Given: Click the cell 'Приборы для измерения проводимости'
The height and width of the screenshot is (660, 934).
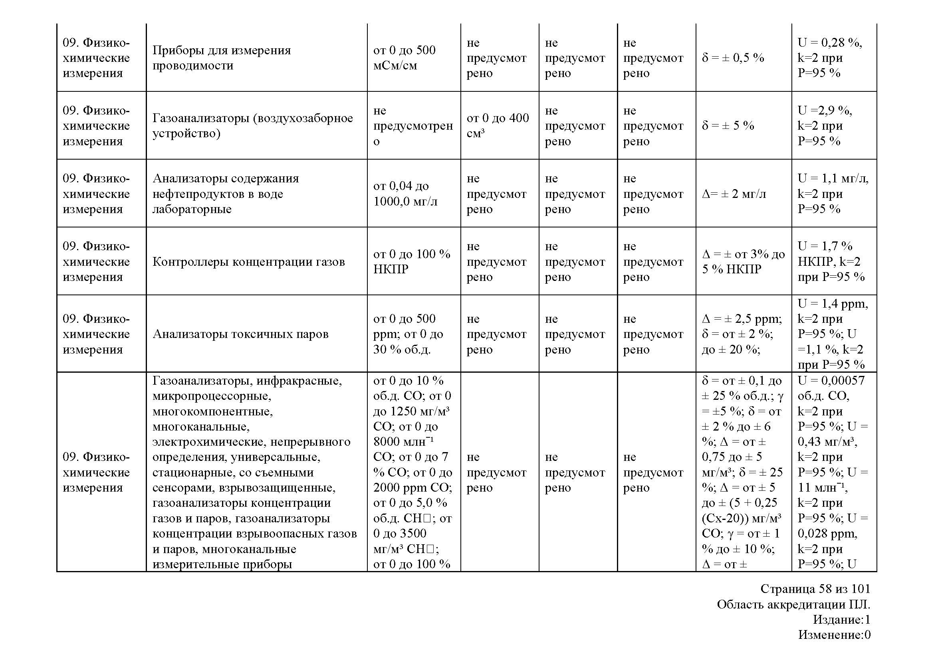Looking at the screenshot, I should point(222,58).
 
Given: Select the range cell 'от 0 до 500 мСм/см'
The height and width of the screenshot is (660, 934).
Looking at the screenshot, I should point(404,58).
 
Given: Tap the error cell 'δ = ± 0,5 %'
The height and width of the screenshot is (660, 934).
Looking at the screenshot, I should point(733,58).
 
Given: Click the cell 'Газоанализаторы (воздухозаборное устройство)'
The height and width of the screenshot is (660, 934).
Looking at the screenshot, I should point(252,126).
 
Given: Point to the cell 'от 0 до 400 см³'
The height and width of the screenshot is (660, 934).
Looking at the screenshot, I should point(498,126).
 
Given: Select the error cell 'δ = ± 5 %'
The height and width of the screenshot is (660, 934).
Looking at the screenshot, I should point(728,126).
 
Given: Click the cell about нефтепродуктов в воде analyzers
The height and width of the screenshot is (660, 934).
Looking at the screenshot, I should point(225,194).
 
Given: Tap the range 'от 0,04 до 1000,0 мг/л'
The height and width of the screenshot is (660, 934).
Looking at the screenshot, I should point(405,194).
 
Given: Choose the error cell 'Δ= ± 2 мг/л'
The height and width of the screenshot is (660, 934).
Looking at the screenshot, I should point(734,194).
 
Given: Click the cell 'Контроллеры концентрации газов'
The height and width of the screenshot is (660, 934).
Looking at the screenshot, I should point(248,262).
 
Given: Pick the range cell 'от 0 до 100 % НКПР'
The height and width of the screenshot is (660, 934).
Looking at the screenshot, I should point(411,261).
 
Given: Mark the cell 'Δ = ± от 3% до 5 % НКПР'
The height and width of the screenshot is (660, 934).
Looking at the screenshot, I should point(743,261).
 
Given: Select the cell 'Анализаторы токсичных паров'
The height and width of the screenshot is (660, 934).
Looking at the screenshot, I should point(240,334).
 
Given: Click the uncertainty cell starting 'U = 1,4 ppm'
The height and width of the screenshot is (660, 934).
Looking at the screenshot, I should point(832,334).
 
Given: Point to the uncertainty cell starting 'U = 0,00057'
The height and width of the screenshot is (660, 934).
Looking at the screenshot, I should point(832,471).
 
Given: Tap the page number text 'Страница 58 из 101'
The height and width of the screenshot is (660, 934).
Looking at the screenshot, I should point(815,589).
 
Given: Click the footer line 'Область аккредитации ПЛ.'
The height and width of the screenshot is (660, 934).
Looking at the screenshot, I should point(793,605).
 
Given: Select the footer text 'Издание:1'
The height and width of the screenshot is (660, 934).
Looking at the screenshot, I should point(841,619).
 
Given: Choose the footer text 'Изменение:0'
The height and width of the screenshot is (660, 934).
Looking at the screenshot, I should point(834,634).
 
